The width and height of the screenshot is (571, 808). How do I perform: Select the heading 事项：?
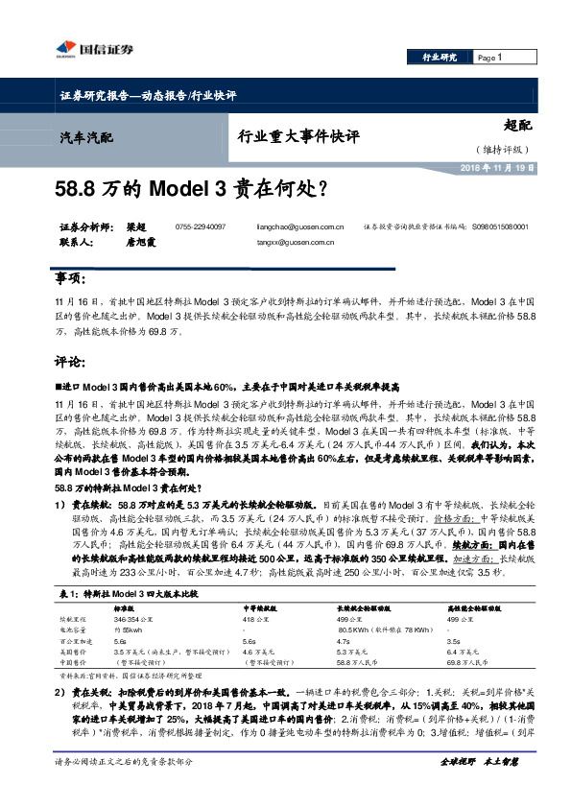pyautogui.click(x=70, y=278)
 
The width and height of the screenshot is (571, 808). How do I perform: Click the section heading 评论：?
pyautogui.click(x=70, y=365)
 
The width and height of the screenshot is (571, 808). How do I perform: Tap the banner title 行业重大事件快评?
pyautogui.click(x=297, y=136)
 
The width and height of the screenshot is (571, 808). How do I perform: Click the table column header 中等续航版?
pyautogui.click(x=260, y=609)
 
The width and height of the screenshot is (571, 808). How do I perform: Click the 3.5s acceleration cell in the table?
pyautogui.click(x=455, y=640)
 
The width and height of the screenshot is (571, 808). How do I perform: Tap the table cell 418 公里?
pyautogui.click(x=255, y=620)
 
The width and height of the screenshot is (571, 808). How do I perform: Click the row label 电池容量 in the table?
pyautogui.click(x=73, y=630)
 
